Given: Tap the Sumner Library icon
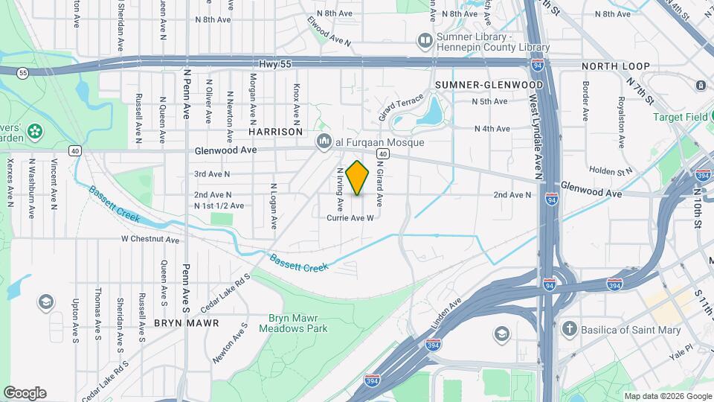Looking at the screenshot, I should (x=425, y=39).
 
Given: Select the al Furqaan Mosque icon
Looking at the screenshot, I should (x=324, y=141).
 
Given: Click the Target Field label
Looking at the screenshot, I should (x=680, y=117).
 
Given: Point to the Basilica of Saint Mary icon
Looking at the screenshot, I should (x=570, y=329).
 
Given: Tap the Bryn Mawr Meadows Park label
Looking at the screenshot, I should (x=297, y=322).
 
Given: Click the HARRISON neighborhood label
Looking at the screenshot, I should (x=275, y=131).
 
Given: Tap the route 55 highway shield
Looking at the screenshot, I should (x=24, y=73).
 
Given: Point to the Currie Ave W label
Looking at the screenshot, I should (x=349, y=218).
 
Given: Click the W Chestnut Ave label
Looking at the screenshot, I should (x=150, y=240).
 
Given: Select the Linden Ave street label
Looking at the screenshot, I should (x=446, y=314).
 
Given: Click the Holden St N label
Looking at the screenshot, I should (x=610, y=170).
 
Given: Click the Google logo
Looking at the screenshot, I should (x=25, y=393).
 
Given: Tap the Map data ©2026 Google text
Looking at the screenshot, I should (x=667, y=396).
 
